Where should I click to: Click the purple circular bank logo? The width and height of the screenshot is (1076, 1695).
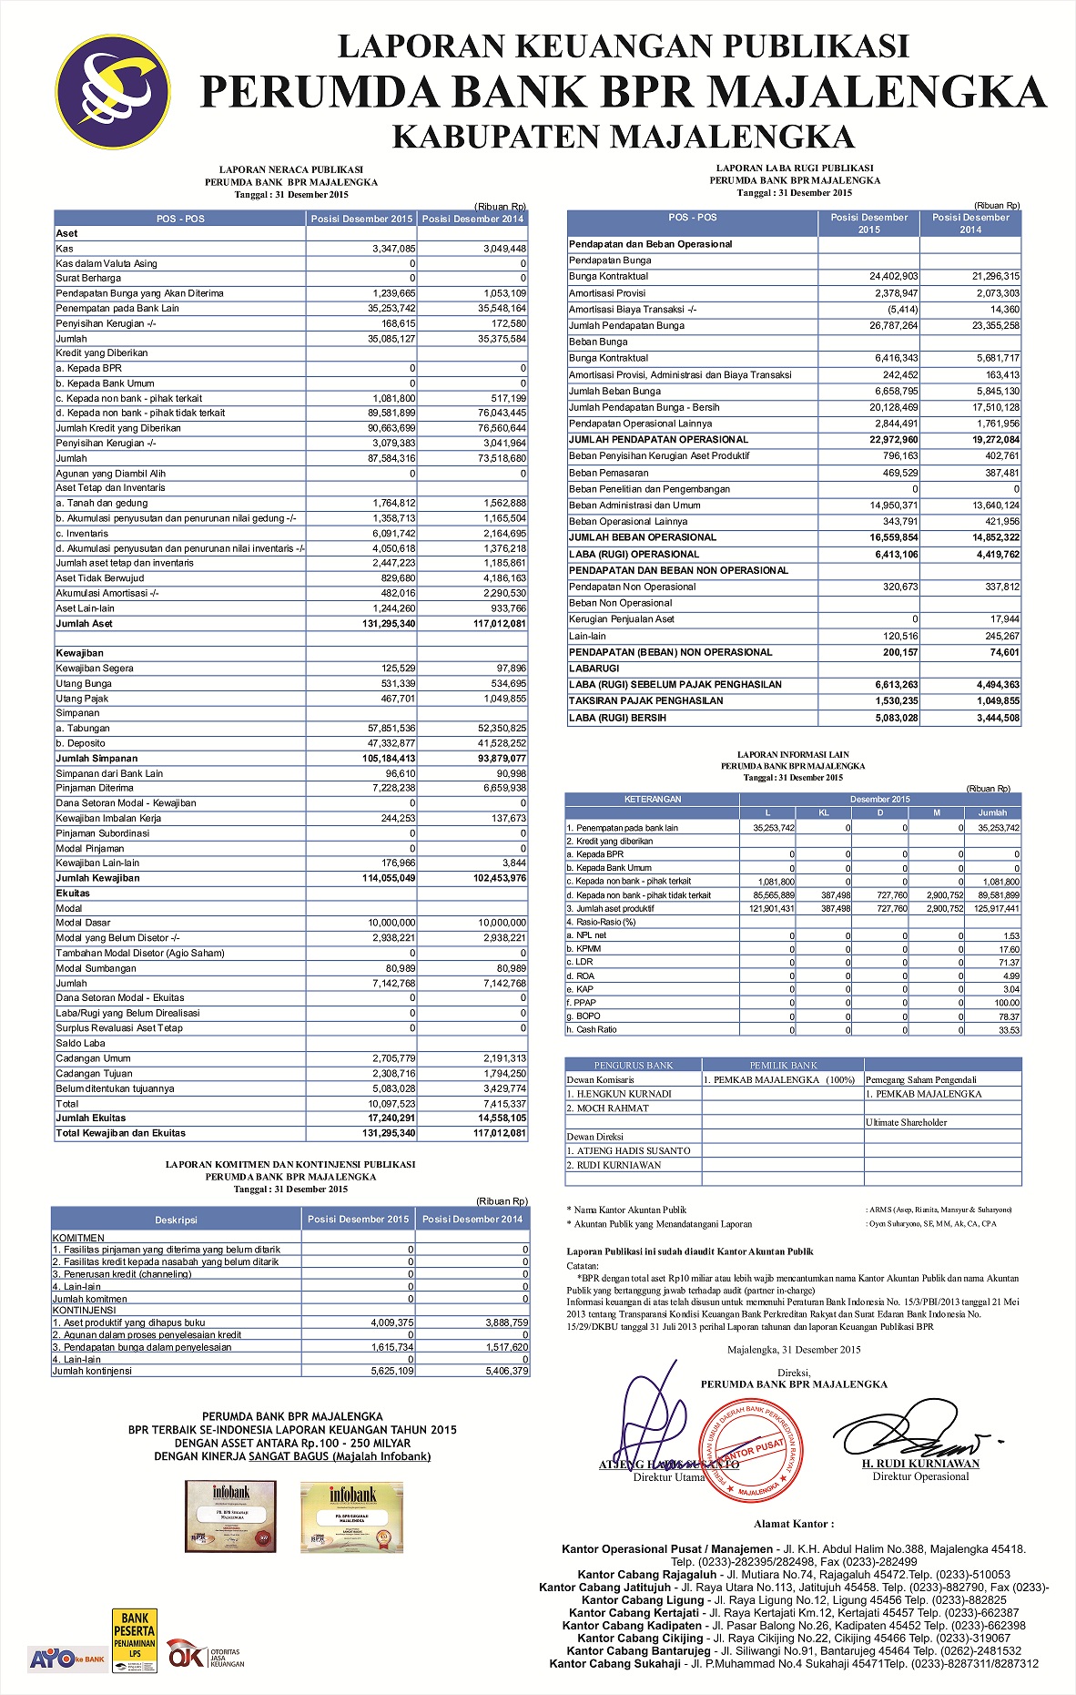113,92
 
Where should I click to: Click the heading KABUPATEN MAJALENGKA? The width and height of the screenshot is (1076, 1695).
623,137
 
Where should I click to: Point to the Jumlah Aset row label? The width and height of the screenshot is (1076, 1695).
85,624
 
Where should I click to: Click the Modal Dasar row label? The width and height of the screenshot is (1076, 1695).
83,923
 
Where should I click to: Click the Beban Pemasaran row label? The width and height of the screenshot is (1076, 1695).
608,473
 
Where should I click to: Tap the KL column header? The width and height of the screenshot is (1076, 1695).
824,812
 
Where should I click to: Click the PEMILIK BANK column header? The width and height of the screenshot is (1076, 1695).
783,1065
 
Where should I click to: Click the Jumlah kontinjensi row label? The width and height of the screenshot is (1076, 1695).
92,1371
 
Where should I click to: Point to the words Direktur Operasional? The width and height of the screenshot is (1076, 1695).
920,1476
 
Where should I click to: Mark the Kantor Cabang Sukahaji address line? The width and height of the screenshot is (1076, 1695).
793,1663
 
